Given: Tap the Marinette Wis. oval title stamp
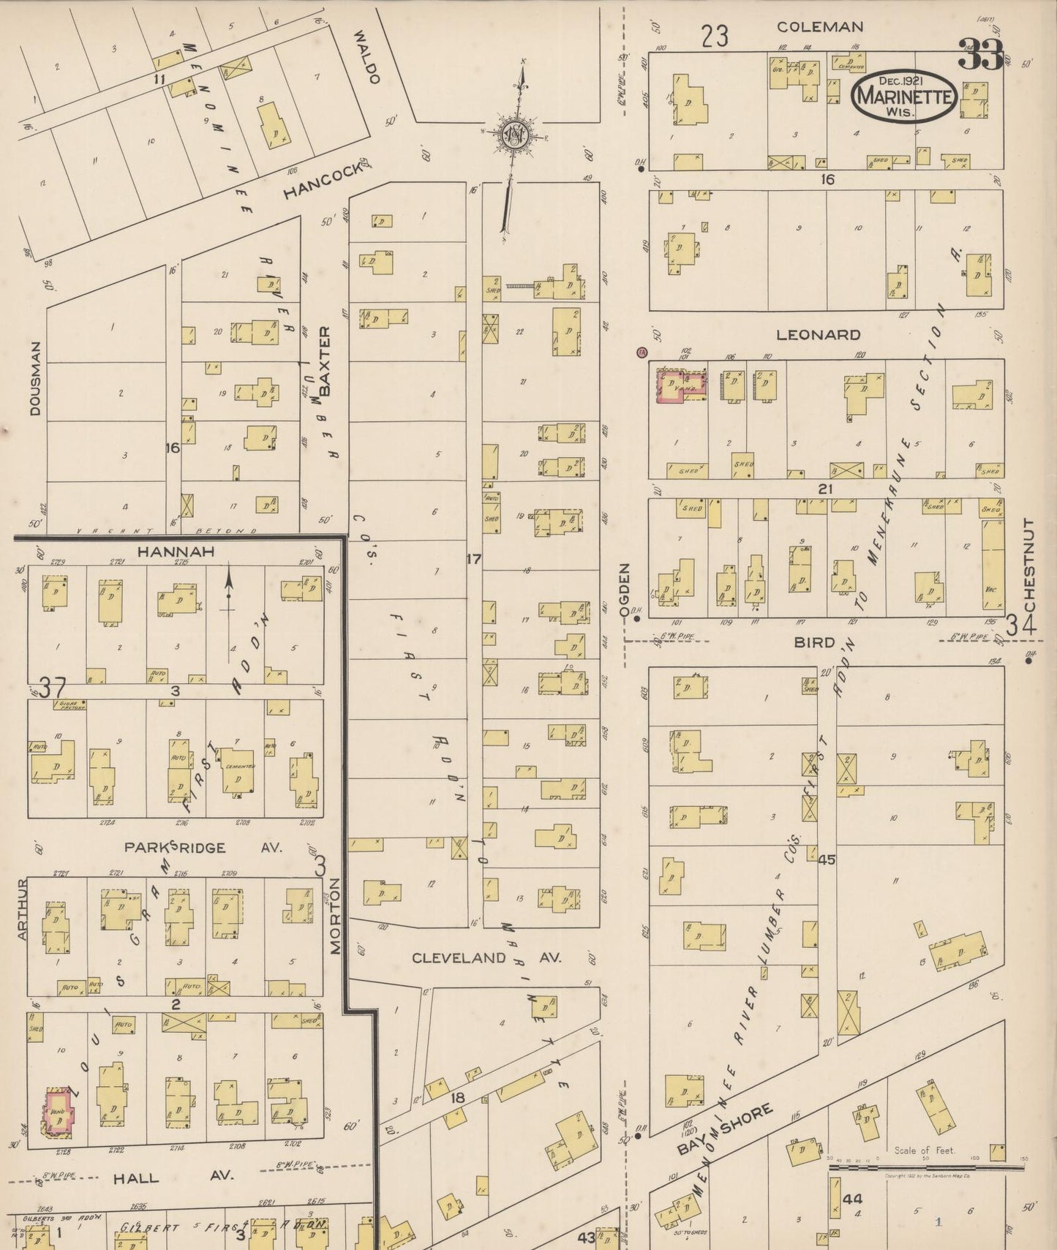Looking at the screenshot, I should [x=905, y=97].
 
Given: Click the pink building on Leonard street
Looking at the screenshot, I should [x=681, y=385].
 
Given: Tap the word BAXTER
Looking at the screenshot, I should [x=325, y=361].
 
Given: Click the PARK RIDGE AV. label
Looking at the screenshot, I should [x=202, y=847].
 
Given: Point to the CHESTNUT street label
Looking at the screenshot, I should [x=1029, y=565].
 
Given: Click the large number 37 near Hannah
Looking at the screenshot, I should [x=52, y=688].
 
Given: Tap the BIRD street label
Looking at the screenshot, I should [x=815, y=642].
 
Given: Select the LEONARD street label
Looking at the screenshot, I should [x=818, y=335].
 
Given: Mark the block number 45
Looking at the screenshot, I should [x=827, y=860].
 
